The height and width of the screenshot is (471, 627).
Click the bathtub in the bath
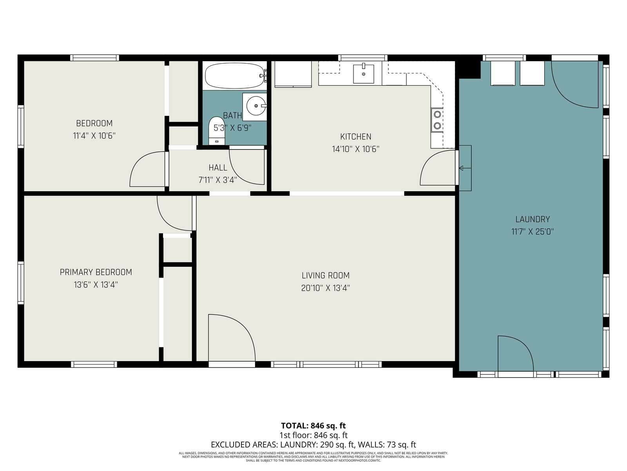coord(234,76)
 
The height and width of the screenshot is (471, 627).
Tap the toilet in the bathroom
coord(217,131)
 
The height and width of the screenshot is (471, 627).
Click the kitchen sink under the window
coord(363,74)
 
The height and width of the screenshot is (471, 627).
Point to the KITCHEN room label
coord(356,137)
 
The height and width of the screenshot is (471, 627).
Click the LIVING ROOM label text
coord(326,276)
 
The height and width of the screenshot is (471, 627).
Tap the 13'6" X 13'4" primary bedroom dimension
coord(96,285)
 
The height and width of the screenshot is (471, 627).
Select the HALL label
coord(218,168)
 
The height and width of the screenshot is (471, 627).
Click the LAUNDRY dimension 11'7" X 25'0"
coord(533,231)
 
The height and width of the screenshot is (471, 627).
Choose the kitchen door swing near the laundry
coord(430,160)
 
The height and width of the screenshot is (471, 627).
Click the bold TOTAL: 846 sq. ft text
coord(313,426)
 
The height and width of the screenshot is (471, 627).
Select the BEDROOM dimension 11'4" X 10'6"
coord(94,135)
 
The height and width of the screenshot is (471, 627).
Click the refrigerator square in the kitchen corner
coord(293,74)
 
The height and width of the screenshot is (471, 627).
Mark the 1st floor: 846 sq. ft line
coord(313,435)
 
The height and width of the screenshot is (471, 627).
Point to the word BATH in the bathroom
coord(232,115)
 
